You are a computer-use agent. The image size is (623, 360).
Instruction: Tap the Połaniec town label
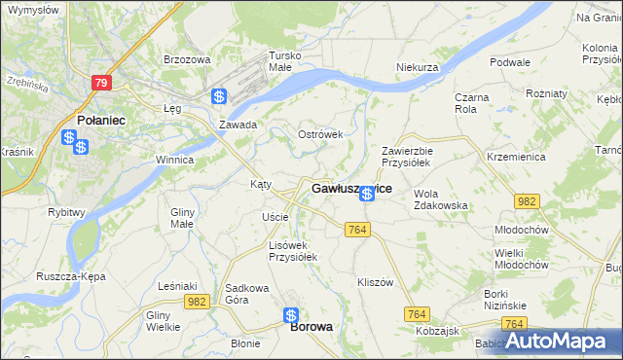click(x=98, y=120)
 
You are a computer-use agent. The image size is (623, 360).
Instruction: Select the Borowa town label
click(x=311, y=328)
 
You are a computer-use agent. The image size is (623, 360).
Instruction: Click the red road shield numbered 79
click(x=102, y=84)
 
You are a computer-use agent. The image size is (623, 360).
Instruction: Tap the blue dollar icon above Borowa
click(x=291, y=314)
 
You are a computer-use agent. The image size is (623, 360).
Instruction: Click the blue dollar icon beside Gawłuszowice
click(x=366, y=195)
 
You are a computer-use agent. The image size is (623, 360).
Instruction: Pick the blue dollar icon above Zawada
click(x=220, y=97)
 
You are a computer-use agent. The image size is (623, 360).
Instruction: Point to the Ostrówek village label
click(x=320, y=134)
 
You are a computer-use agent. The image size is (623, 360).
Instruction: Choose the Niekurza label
click(x=420, y=67)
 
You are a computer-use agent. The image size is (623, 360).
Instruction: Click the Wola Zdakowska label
click(x=441, y=199)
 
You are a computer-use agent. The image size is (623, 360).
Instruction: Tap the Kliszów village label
click(x=374, y=282)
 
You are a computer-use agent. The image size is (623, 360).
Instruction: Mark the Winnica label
click(x=174, y=160)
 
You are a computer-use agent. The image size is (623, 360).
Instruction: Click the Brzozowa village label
click(x=187, y=59)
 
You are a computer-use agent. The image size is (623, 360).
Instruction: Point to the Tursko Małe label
click(x=285, y=62)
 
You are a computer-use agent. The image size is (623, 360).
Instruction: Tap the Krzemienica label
click(x=515, y=156)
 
